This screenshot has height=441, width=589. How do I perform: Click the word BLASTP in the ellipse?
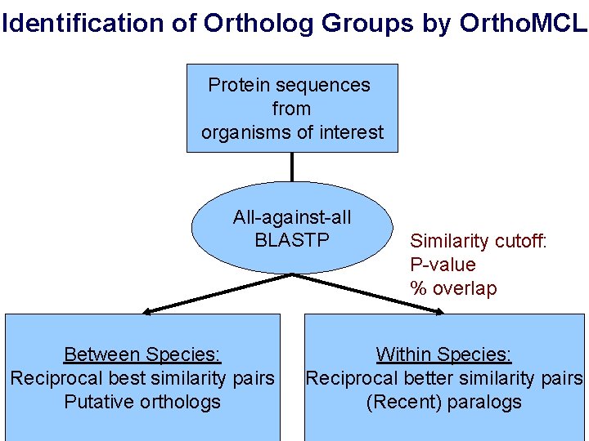(x=292, y=240)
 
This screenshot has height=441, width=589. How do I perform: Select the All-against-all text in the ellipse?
(x=292, y=217)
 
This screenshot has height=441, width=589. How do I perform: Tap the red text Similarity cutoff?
(x=479, y=241)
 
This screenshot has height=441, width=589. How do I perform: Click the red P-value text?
(x=443, y=265)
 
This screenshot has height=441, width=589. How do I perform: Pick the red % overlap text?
(x=453, y=288)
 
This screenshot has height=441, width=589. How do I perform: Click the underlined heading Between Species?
(x=142, y=354)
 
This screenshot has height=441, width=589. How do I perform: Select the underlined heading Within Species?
(x=444, y=354)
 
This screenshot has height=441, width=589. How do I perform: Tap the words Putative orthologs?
(x=142, y=402)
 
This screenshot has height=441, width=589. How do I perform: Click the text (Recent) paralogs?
(x=444, y=402)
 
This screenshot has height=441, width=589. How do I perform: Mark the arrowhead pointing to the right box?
(x=437, y=310)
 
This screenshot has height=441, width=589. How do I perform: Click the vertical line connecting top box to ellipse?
(x=292, y=167)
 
